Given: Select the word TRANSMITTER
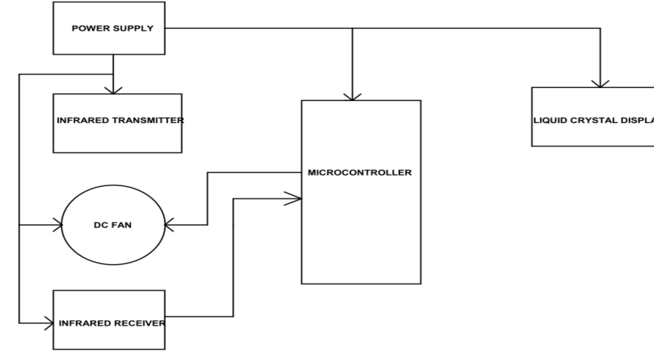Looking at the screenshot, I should pyautogui.click(x=148, y=120).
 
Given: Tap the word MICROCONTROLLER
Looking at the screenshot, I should pyautogui.click(x=360, y=173).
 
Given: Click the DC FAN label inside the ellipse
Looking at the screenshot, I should pyautogui.click(x=113, y=225).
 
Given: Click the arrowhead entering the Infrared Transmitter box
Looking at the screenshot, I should pyautogui.click(x=113, y=92).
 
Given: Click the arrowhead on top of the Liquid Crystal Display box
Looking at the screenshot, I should pyautogui.click(x=600, y=85).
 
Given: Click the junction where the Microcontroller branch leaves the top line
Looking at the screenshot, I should pyautogui.click(x=352, y=28).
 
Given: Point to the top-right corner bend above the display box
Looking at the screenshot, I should pyautogui.click(x=600, y=28).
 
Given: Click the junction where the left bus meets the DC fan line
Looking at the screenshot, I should pyautogui.click(x=19, y=225).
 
